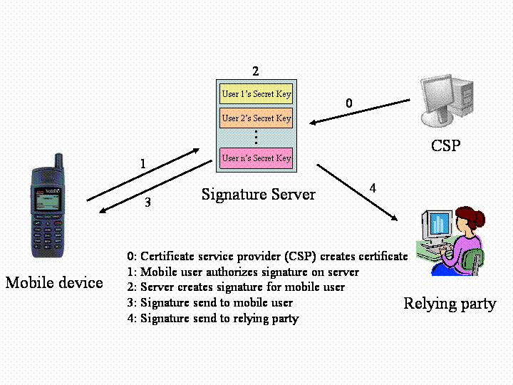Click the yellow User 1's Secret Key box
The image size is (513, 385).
pos(256,94)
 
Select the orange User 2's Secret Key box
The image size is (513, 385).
pos(256,118)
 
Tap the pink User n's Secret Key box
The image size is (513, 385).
pos(256,158)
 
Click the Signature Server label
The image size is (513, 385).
pos(258,194)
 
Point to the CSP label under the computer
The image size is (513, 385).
pos(445,146)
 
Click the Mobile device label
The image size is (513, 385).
pos(54,283)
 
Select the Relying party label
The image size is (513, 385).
pos(450,304)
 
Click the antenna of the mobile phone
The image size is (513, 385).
pos(59,161)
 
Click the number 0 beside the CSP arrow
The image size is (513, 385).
pos(348,103)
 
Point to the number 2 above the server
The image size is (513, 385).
pos(256,71)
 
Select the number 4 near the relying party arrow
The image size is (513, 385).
pos(373,189)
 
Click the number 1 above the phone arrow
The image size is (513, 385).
pos(142,165)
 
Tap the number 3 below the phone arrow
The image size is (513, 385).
pos(147,202)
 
